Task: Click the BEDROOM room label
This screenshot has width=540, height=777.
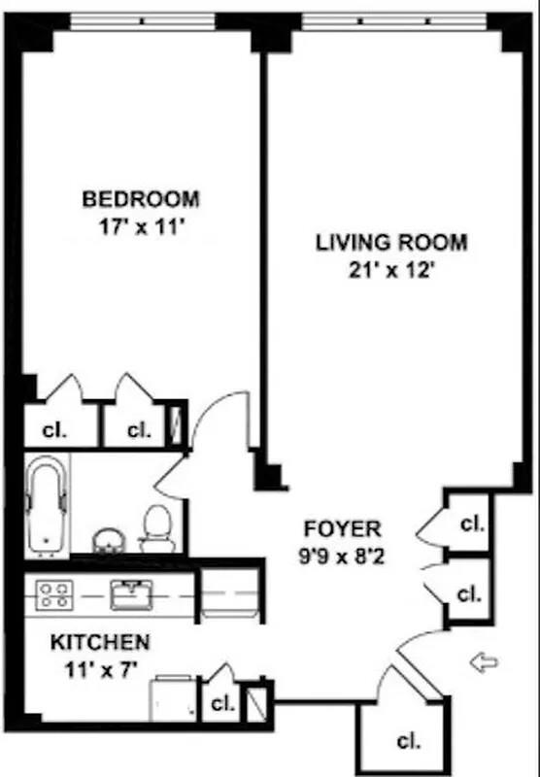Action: point(141,200)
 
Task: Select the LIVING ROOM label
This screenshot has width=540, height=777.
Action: point(391,243)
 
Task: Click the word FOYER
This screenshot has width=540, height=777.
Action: point(343,529)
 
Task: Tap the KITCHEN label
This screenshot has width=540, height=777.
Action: point(100,643)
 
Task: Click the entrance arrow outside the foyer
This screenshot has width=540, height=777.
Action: point(483,663)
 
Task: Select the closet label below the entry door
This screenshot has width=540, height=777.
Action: point(409,742)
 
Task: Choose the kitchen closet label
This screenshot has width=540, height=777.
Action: point(222,704)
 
